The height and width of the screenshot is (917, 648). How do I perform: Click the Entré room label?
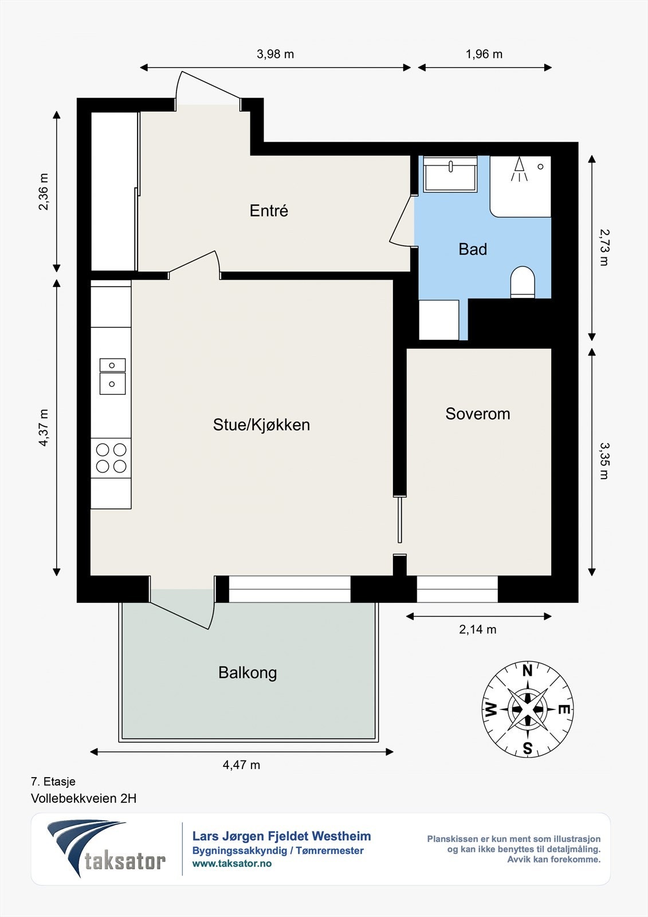[x=269, y=211]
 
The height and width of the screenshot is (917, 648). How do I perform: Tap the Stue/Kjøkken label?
[x=261, y=425]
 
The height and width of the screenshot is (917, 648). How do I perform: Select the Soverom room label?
[x=478, y=414]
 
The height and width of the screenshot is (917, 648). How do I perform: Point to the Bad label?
[x=473, y=249]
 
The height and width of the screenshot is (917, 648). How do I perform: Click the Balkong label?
[x=248, y=673]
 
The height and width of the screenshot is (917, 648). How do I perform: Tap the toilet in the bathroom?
[x=523, y=281]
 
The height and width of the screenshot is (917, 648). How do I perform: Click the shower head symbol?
[x=519, y=168]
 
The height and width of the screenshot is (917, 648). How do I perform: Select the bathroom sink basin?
[x=450, y=174]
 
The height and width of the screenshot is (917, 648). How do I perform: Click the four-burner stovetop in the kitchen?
[x=111, y=458]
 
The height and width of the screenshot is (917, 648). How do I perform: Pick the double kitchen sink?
[x=112, y=376]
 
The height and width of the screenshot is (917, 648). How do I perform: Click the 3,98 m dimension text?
[x=275, y=54]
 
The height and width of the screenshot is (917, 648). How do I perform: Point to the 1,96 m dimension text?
[x=484, y=54]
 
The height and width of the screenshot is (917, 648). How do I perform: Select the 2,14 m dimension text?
[x=478, y=629]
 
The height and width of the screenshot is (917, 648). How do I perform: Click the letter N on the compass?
[x=528, y=671]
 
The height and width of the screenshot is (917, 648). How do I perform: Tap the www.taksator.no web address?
[x=231, y=864]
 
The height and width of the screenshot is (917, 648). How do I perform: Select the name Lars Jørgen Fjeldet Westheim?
[x=282, y=836]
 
